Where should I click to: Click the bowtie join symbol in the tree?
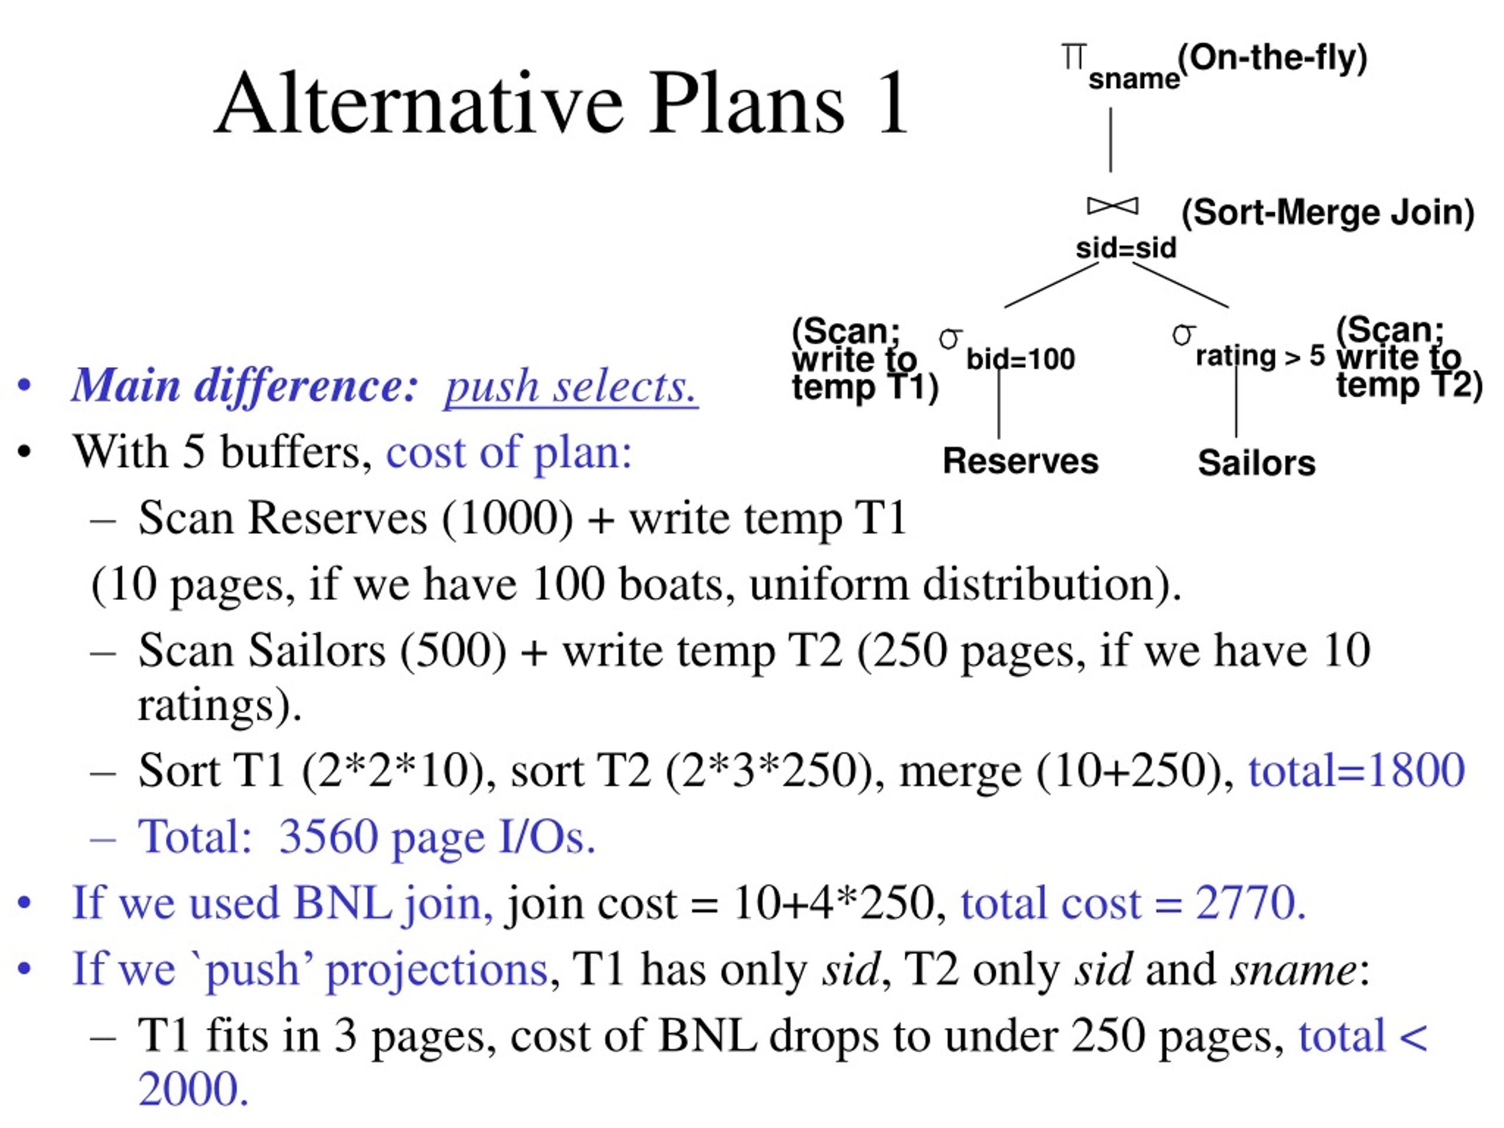pyautogui.click(x=1112, y=206)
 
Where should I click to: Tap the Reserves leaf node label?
pyautogui.click(x=1020, y=461)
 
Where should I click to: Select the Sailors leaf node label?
pyautogui.click(x=1257, y=462)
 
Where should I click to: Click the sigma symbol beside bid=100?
pyautogui.click(x=951, y=337)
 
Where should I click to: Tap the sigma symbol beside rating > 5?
pyautogui.click(x=1184, y=334)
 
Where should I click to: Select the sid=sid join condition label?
pyautogui.click(x=1126, y=247)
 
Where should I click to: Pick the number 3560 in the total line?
pyautogui.click(x=328, y=837)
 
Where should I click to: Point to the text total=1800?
pyautogui.click(x=1356, y=770)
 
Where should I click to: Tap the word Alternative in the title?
pyautogui.click(x=419, y=103)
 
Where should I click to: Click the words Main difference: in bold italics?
pyautogui.click(x=245, y=385)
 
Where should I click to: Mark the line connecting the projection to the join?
pyautogui.click(x=1111, y=140)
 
